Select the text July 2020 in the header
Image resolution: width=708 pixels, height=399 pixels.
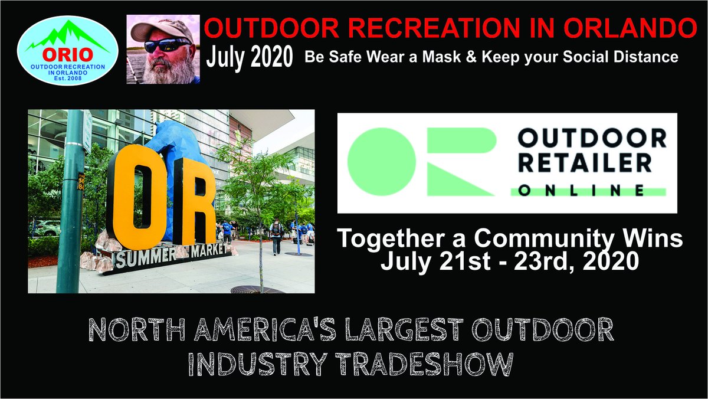[250, 57]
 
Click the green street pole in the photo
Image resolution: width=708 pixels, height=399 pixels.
[70, 201]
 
